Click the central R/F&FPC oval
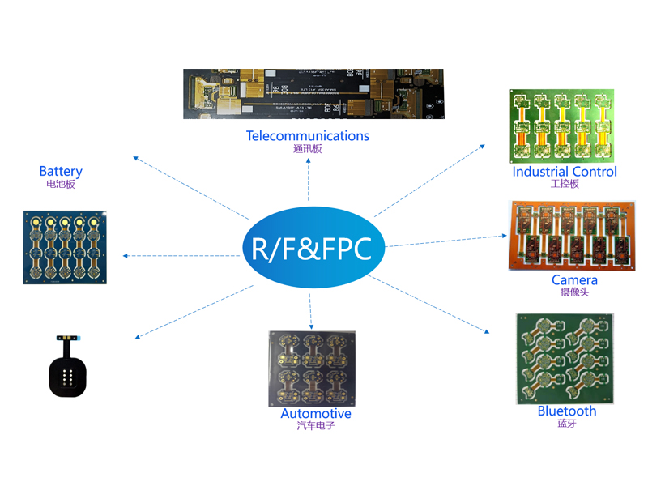click(x=312, y=246)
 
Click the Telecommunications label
click(x=308, y=136)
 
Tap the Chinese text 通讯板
click(x=308, y=149)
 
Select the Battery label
click(x=61, y=171)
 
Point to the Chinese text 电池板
click(x=61, y=184)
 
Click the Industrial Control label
click(x=565, y=172)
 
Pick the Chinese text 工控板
click(x=565, y=184)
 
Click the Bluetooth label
click(x=567, y=411)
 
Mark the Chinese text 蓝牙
click(x=567, y=424)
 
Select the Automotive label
click(x=316, y=414)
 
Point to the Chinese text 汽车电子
click(x=316, y=426)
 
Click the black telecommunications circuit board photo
click(x=313, y=94)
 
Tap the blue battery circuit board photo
click(x=65, y=247)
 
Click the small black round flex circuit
click(x=68, y=372)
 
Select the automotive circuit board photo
click(x=313, y=369)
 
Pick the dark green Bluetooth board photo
click(x=565, y=358)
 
